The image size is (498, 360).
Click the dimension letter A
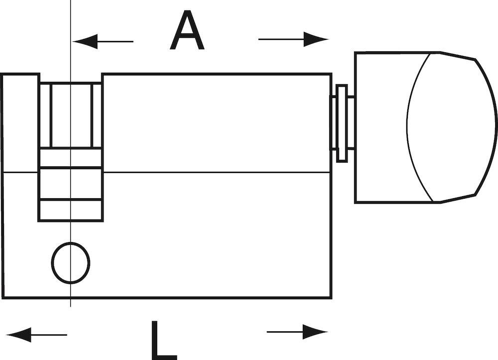click(x=187, y=30)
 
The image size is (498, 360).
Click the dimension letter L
click(x=163, y=340)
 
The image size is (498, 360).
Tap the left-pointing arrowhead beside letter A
click(x=85, y=41)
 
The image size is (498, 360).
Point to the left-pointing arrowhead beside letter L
click(x=18, y=335)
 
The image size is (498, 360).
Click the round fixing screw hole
click(x=71, y=262)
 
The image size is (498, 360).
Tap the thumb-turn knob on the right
click(x=426, y=127)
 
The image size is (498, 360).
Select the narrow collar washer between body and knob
click(x=342, y=123)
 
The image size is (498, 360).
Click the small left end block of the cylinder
click(x=20, y=123)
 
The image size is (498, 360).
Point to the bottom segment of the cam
click(x=71, y=210)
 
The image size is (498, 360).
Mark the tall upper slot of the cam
click(x=71, y=115)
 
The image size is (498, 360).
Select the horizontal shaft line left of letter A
click(x=116, y=41)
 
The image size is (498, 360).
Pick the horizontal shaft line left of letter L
click(x=49, y=335)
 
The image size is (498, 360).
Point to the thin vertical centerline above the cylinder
click(x=71, y=36)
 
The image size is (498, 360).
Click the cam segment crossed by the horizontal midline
click(x=71, y=183)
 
